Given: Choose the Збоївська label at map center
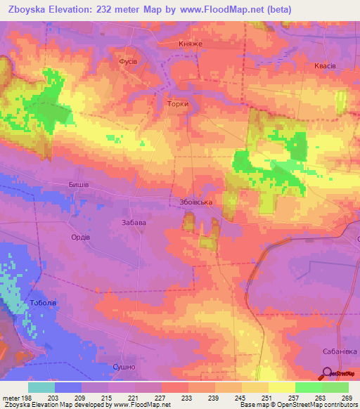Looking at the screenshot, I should pyautogui.click(x=193, y=202).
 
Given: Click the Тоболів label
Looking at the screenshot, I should pyautogui.click(x=43, y=303).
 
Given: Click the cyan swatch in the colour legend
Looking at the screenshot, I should pyautogui.click(x=41, y=387).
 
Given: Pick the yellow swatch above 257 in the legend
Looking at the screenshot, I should pyautogui.click(x=281, y=387).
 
